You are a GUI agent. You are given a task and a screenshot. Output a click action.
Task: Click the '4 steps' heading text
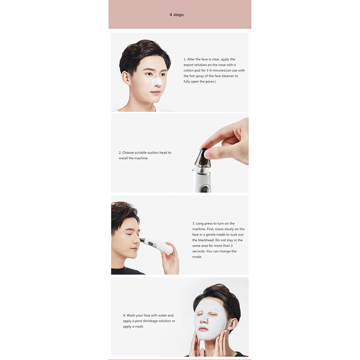coord(177,15)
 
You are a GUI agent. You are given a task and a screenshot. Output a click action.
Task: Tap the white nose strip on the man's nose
coord(157,82)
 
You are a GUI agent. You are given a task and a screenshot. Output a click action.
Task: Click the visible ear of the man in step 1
coord(126,78)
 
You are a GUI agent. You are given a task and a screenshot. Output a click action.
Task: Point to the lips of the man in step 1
coord(156,93)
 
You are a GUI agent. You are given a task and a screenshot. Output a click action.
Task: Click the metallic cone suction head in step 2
coord(202,158)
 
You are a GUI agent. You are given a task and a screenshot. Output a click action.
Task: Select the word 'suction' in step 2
coord(153,153)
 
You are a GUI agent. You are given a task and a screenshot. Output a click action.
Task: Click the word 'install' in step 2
coord(123,158)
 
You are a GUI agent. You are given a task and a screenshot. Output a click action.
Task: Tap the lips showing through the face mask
coord(204,329)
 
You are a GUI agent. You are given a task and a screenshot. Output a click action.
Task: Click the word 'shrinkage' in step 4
coord(151,321)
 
